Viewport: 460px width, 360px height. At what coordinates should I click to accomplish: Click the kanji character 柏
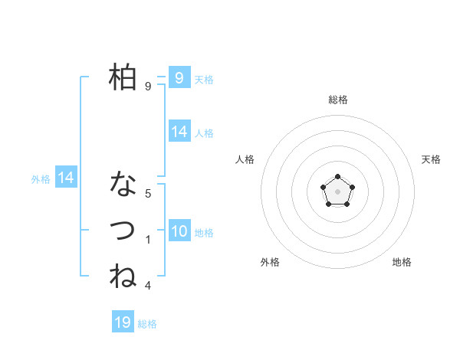click(x=123, y=77)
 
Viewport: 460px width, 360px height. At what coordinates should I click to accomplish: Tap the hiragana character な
click(x=123, y=185)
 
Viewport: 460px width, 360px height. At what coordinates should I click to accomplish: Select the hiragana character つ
click(x=123, y=230)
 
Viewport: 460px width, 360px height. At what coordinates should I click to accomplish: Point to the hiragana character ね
click(x=123, y=276)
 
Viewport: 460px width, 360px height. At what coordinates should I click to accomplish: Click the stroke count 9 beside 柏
click(x=148, y=87)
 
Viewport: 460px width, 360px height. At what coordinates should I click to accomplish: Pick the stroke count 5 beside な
click(x=148, y=194)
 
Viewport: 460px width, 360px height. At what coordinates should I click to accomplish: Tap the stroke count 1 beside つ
click(x=148, y=240)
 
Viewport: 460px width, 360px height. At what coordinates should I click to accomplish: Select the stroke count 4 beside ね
click(x=148, y=286)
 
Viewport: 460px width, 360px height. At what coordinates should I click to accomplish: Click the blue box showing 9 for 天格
click(x=179, y=77)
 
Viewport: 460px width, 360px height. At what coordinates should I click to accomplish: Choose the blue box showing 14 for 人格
click(x=179, y=132)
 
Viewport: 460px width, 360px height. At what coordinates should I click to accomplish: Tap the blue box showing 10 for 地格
click(x=179, y=231)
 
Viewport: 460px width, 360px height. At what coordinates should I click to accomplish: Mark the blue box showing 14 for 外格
click(x=66, y=178)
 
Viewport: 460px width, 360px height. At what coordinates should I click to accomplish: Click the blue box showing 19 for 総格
click(x=123, y=322)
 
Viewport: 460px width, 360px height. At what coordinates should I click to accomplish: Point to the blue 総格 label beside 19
click(x=147, y=324)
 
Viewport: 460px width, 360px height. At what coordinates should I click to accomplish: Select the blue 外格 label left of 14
click(x=41, y=179)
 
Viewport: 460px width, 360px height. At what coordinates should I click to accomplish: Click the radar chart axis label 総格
click(x=337, y=100)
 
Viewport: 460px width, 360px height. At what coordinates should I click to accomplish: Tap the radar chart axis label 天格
click(x=431, y=159)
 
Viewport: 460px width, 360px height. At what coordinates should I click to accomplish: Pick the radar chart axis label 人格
click(x=245, y=159)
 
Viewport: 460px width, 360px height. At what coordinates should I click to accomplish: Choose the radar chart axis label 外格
click(x=270, y=262)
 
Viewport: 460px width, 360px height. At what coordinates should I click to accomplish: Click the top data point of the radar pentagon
click(x=337, y=178)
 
